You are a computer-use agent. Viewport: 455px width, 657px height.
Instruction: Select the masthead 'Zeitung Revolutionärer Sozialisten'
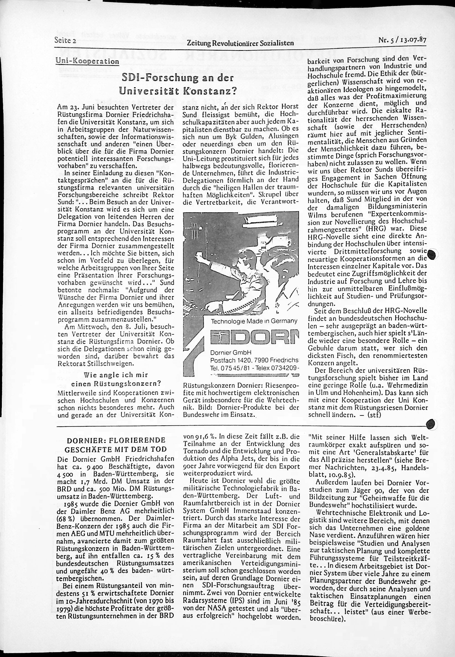tap(240, 43)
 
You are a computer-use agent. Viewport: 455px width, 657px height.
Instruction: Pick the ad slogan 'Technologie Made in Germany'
tap(254, 321)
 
